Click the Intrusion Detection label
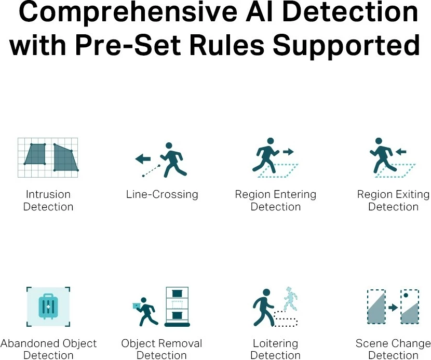pos(48,201)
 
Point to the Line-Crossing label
pos(162,194)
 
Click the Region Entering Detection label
pos(275,201)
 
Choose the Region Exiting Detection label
pos(393,201)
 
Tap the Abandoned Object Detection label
pos(48,349)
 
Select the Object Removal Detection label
pos(161,349)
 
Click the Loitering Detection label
pos(275,349)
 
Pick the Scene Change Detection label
pos(393,349)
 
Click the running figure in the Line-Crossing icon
pos(173,159)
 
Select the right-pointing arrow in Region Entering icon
pos(288,151)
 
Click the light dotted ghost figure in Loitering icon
pos(290,299)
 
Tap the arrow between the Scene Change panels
pos(393,308)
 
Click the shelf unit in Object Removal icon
pos(178,306)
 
